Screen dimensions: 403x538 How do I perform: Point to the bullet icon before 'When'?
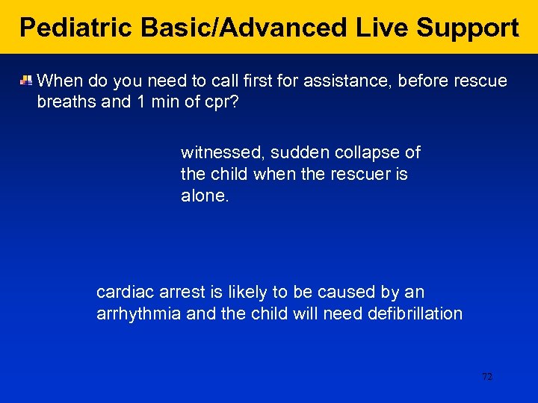(26, 80)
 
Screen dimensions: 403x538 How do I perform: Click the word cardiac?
(122, 292)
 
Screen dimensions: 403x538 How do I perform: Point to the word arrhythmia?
(139, 313)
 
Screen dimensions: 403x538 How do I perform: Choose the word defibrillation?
(415, 313)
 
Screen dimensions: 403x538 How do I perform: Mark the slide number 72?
(487, 377)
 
